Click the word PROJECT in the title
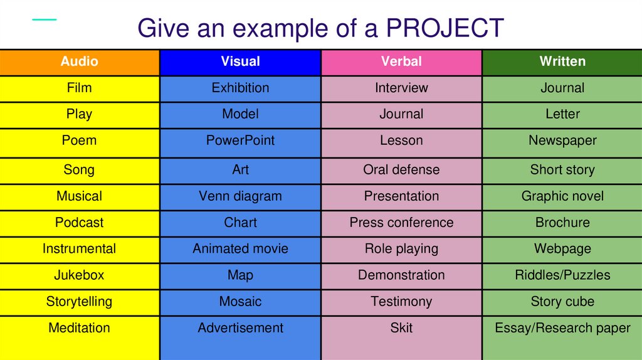445,28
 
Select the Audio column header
80,61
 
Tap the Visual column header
241,61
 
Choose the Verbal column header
401,61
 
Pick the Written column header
562,61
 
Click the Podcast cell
80,223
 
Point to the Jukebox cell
80,275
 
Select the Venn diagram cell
241,196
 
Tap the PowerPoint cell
241,140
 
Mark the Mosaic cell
241,302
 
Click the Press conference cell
401,223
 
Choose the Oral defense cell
401,170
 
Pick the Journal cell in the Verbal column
401,114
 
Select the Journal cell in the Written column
562,88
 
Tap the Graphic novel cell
562,196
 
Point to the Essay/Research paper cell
562,328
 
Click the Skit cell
401,328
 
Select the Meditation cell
80,328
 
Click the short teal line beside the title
45,19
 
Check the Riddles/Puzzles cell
562,275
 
